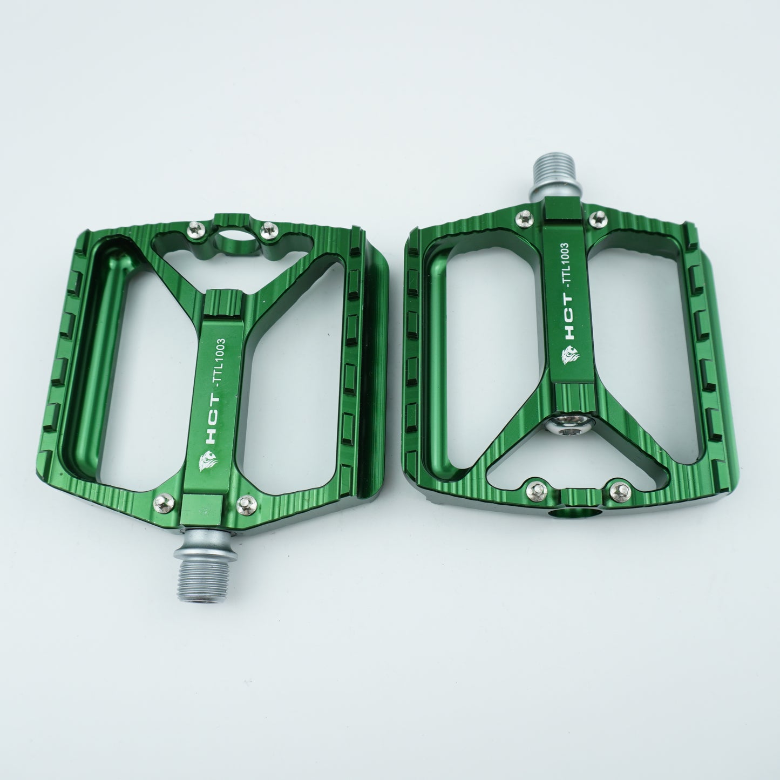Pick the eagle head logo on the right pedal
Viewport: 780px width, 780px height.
tap(571, 355)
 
